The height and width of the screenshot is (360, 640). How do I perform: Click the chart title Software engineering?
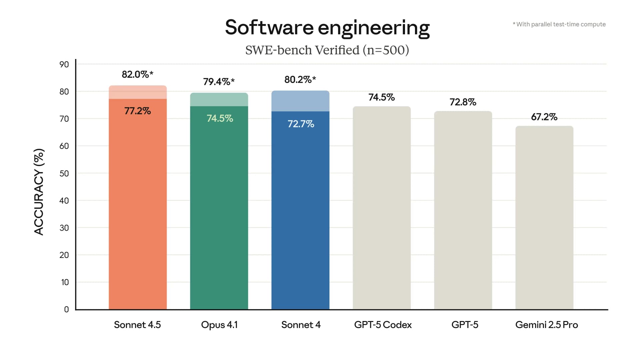coord(327,28)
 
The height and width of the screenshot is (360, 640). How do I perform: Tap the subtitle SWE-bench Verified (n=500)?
coord(327,50)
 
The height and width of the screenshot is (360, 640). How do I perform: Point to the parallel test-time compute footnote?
coord(559,24)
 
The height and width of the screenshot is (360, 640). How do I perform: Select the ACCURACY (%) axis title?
coord(39,192)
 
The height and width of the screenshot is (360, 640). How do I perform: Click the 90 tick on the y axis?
coord(64,64)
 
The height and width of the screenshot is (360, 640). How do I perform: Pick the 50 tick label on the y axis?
coord(64,173)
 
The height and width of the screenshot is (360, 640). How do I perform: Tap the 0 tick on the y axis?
coord(66,309)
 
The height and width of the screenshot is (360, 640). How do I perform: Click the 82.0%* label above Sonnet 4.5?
coord(137,74)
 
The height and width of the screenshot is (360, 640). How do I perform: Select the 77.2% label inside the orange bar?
coord(137,111)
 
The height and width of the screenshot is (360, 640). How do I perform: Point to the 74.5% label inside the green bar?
coord(220,118)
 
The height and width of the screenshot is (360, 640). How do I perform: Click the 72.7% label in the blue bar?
coord(301,124)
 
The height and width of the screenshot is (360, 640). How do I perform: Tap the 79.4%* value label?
coord(219,82)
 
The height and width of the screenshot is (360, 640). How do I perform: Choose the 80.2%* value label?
coord(300,80)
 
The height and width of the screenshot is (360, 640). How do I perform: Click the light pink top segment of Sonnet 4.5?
coord(138,92)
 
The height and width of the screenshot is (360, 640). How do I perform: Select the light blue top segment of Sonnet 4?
coord(300,101)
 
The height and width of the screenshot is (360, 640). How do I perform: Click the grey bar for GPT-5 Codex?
coord(382,207)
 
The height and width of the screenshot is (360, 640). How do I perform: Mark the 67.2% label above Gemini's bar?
coord(544,117)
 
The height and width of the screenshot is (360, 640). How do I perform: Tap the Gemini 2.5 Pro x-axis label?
coord(546,325)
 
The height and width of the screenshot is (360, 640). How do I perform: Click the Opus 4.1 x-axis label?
coord(219,325)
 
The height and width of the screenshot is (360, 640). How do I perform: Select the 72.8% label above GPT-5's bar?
coord(463,102)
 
